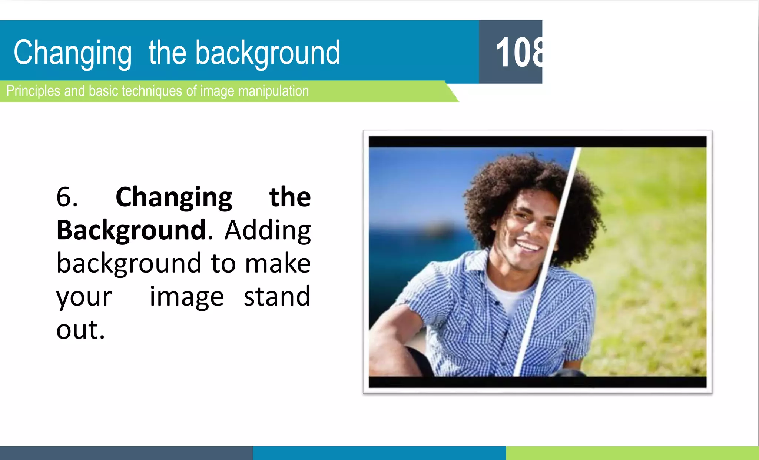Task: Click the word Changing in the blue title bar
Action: tap(73, 53)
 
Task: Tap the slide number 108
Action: tap(519, 53)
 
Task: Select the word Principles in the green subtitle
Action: tap(33, 91)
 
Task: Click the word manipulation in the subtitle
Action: tap(273, 91)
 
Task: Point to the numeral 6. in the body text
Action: tap(67, 197)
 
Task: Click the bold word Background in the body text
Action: tap(131, 230)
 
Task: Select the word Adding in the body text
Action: tap(268, 230)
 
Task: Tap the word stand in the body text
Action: tap(277, 297)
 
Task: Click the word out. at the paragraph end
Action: tap(80, 330)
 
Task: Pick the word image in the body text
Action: tap(186, 297)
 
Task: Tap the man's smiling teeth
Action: tap(528, 246)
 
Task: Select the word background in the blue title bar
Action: tap(267, 53)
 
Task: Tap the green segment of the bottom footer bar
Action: tap(632, 453)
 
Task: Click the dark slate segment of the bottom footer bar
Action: tap(126, 453)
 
